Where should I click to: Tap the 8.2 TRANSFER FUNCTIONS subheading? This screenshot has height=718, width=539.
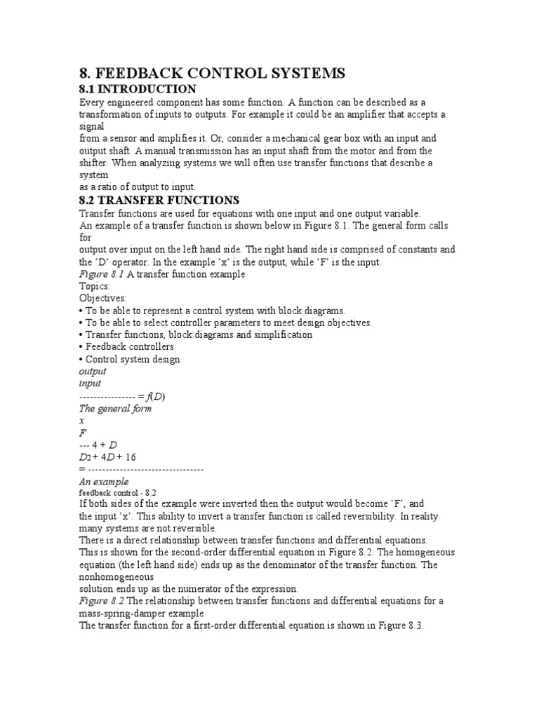[159, 201]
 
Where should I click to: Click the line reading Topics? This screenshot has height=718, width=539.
[94, 287]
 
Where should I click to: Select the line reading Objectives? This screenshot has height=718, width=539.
[102, 298]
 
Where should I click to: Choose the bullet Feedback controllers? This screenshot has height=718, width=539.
[126, 346]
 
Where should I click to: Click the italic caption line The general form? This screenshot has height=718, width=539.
[114, 408]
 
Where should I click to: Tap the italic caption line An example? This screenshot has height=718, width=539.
[103, 482]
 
